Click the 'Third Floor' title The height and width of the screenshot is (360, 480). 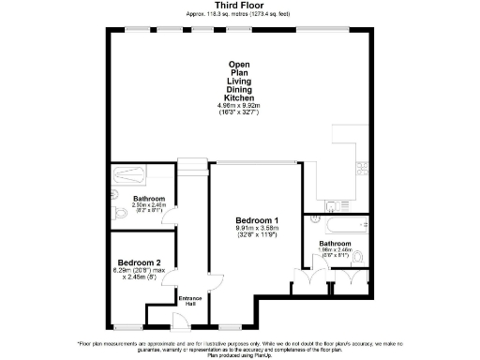click(239, 6)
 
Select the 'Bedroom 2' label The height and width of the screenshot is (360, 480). click(138, 262)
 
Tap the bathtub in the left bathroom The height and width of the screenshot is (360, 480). click(127, 175)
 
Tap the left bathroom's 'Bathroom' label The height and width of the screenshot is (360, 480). click(149, 199)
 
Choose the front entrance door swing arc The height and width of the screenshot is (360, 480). click(176, 319)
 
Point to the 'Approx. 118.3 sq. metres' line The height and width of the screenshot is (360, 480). click(239, 14)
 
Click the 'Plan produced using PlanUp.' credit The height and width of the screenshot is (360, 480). click(239, 356)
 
